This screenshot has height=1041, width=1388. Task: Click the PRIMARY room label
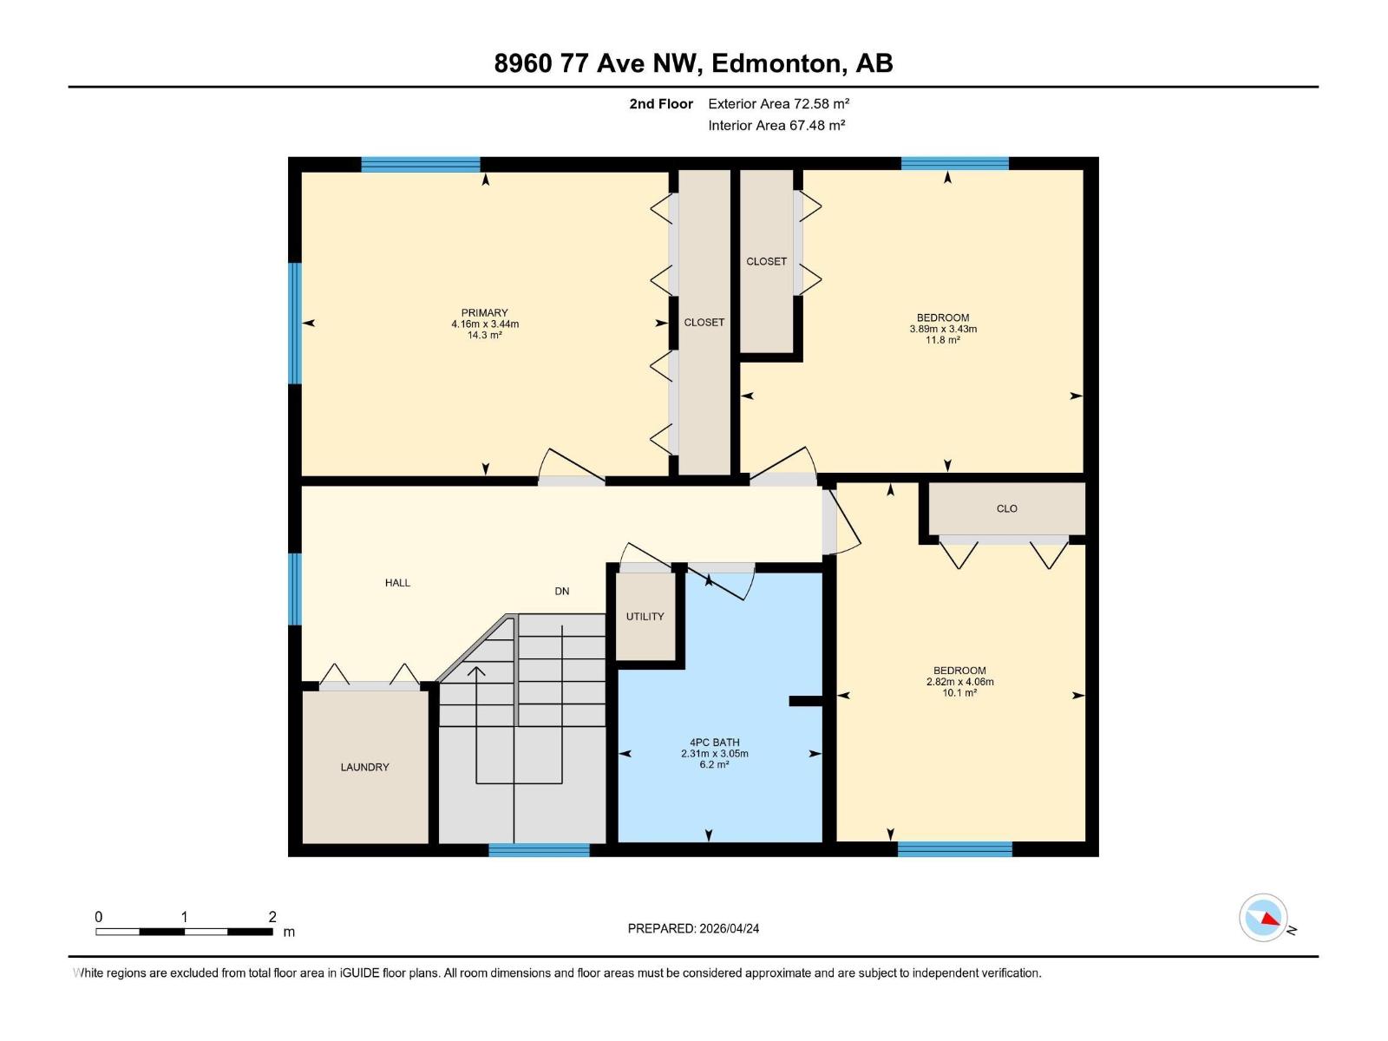pos(484,313)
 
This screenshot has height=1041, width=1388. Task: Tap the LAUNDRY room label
pos(364,767)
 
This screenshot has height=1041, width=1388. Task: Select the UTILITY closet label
pos(645,617)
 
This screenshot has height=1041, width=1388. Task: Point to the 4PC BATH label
pos(714,743)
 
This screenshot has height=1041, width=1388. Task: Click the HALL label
pos(397,583)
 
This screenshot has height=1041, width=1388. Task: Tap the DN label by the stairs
pos(562,592)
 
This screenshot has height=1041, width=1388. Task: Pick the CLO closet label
pos(1006,509)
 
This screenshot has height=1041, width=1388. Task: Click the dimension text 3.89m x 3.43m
pos(943,329)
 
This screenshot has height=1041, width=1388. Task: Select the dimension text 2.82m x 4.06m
pos(959,682)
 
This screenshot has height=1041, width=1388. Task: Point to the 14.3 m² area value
pos(484,336)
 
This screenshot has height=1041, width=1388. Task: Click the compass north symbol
pos(1264,918)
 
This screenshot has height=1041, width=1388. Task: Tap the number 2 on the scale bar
pos(272,917)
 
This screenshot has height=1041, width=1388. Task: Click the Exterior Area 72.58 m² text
pos(778,104)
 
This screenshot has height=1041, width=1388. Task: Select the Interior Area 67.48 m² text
pos(776,126)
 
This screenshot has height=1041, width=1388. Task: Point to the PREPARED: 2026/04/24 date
pos(693,928)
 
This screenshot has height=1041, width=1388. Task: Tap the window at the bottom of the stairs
pos(539,850)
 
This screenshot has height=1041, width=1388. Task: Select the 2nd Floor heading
pos(661,104)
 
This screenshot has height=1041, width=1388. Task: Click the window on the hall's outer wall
pos(295,589)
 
